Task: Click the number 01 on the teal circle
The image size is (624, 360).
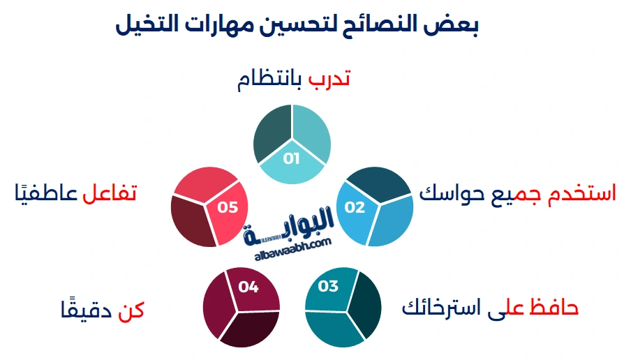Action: pyautogui.click(x=291, y=158)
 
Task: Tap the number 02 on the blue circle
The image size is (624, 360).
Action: pyautogui.click(x=355, y=207)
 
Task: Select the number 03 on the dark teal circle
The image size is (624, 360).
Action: pyautogui.click(x=327, y=286)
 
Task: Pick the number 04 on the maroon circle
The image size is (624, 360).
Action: pyautogui.click(x=248, y=286)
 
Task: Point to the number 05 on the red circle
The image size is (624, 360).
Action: pyautogui.click(x=228, y=207)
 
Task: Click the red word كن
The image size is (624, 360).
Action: pyautogui.click(x=131, y=310)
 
